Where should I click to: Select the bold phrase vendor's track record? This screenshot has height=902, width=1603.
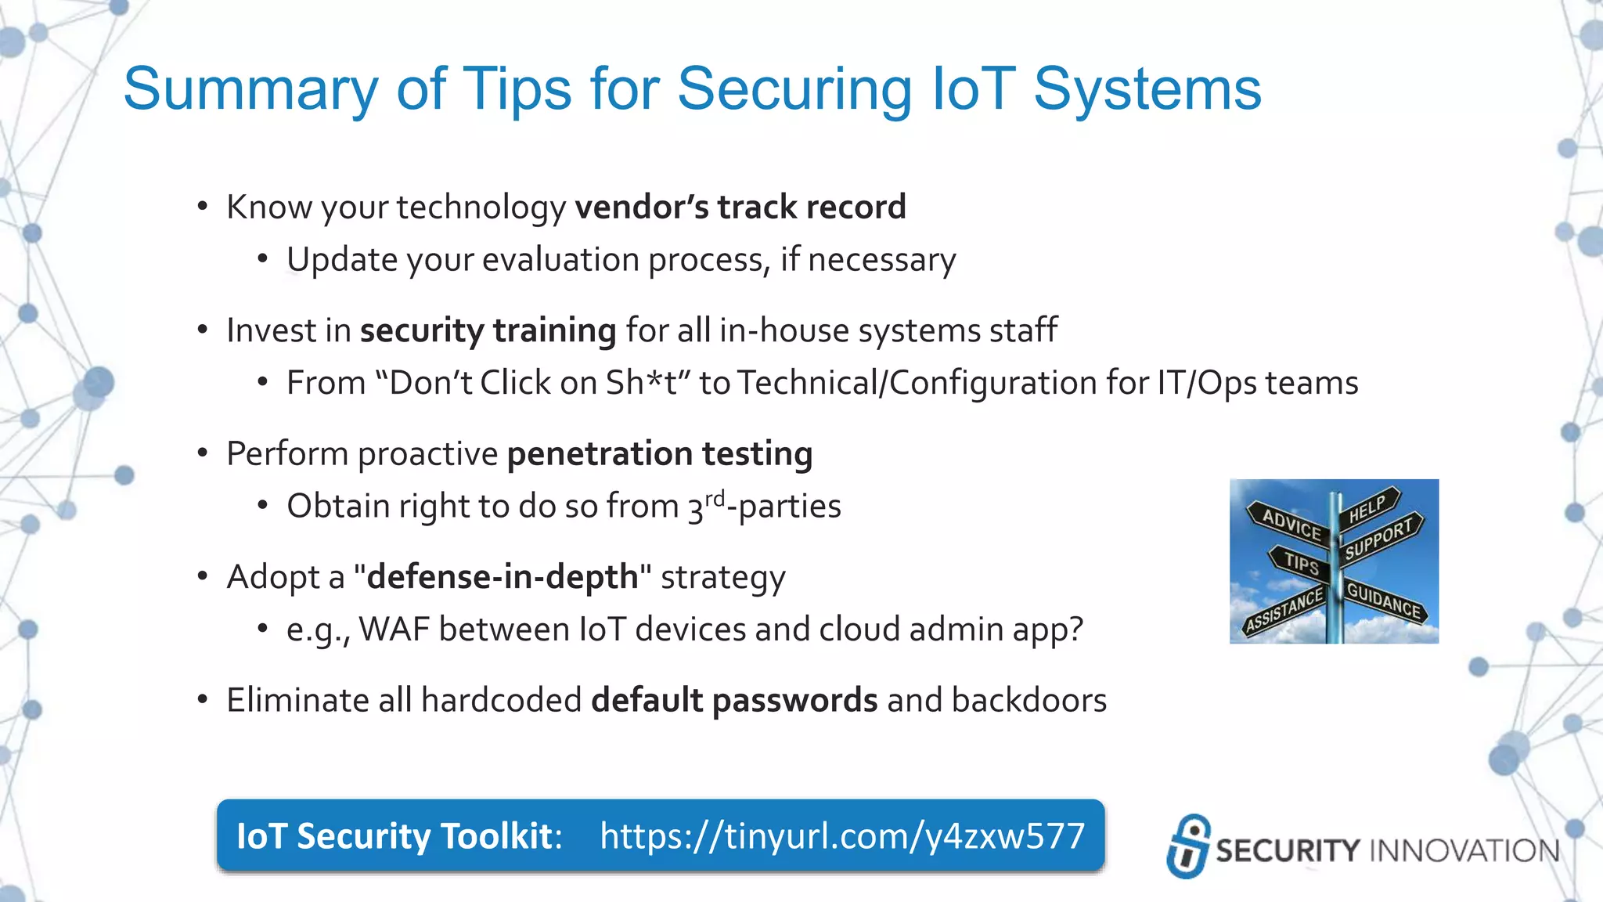coord(740,207)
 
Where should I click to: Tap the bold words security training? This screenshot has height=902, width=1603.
coord(488,330)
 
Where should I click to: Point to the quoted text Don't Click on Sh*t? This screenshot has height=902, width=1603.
coord(532,383)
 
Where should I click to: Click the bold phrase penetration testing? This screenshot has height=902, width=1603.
coord(659,454)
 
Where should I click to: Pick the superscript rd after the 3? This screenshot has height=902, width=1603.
coord(715,498)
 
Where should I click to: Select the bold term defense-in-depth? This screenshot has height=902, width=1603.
coord(503,577)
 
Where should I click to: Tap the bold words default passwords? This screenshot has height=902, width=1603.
coord(733,700)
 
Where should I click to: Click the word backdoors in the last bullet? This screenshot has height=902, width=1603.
coord(1028,700)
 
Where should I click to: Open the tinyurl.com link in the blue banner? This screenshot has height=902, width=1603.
coord(842,836)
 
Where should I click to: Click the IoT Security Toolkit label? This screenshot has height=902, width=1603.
coord(398,836)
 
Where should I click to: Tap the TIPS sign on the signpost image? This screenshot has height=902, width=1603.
coord(1301,563)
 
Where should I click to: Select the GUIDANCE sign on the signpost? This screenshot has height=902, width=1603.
coord(1383,601)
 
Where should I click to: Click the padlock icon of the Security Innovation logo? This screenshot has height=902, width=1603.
coord(1188,846)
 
